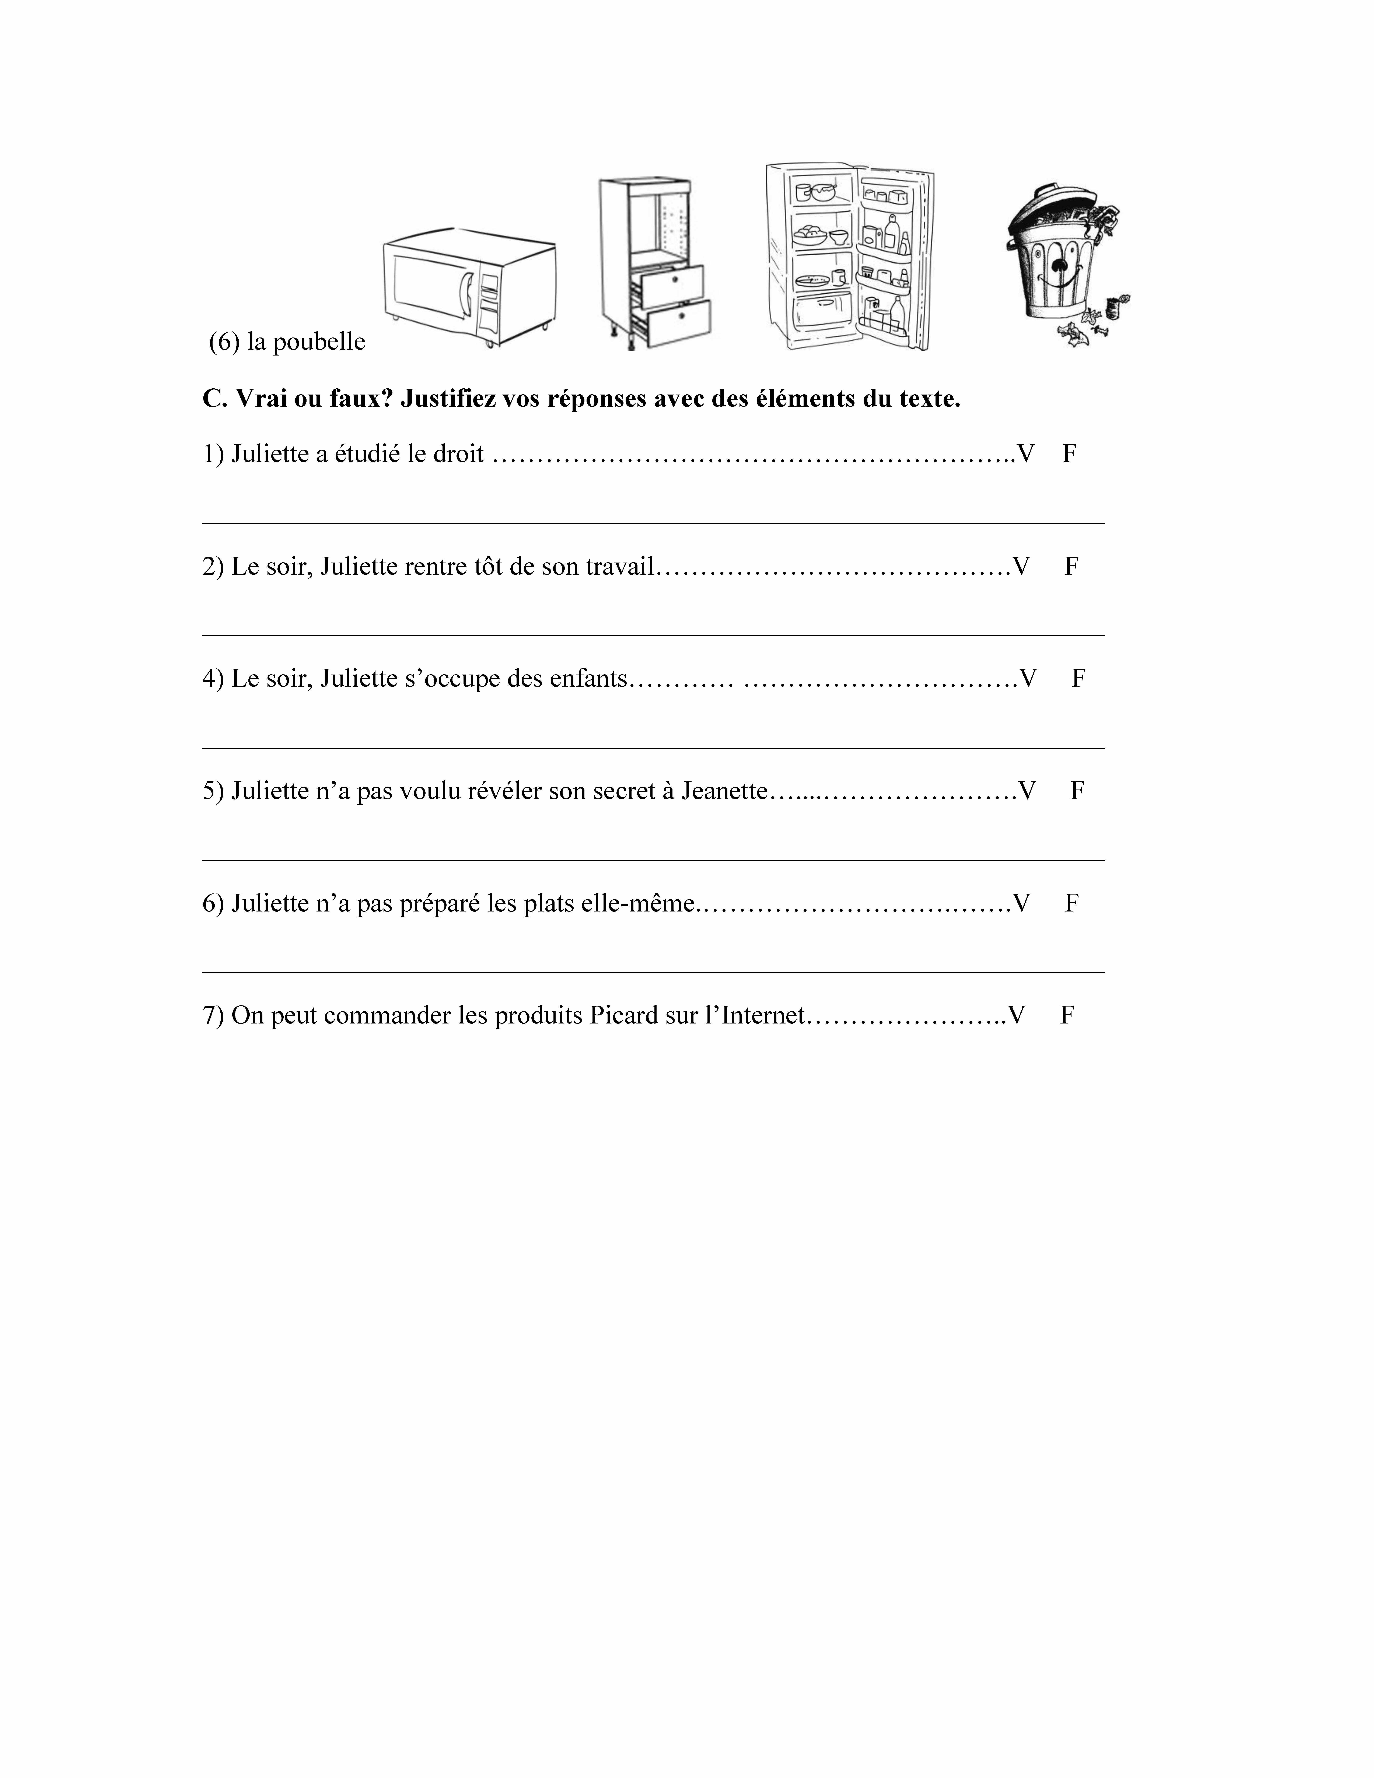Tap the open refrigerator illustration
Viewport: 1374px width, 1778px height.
(849, 256)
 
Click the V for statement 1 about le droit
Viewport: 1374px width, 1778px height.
(1026, 454)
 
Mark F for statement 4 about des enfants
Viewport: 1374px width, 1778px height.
(1078, 678)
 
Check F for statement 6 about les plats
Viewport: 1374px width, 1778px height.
(1072, 903)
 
